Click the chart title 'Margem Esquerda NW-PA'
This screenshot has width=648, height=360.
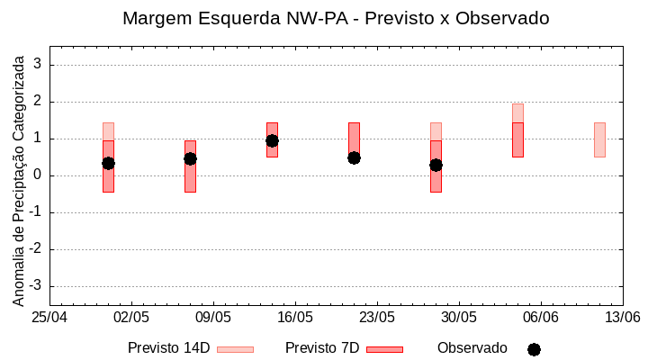click(x=336, y=18)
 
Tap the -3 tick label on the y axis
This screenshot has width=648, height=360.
click(x=36, y=286)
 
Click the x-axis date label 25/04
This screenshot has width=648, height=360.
click(x=49, y=318)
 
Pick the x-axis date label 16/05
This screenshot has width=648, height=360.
click(x=295, y=318)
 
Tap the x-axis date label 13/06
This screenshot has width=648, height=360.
click(x=623, y=318)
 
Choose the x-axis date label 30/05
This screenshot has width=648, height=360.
click(x=459, y=318)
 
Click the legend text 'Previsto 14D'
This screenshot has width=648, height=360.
click(x=168, y=348)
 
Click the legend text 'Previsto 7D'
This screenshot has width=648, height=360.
click(x=322, y=348)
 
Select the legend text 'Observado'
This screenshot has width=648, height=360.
click(x=472, y=348)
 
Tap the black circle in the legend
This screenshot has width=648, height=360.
click(x=534, y=349)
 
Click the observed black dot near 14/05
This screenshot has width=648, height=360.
click(x=272, y=140)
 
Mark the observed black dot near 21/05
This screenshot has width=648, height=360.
click(x=354, y=157)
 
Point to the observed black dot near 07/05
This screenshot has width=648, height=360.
click(x=190, y=158)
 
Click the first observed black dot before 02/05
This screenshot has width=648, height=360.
click(x=108, y=163)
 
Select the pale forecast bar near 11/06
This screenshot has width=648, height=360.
click(x=599, y=139)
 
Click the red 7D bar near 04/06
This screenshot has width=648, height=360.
click(x=517, y=139)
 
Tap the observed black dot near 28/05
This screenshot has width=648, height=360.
click(x=436, y=165)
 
